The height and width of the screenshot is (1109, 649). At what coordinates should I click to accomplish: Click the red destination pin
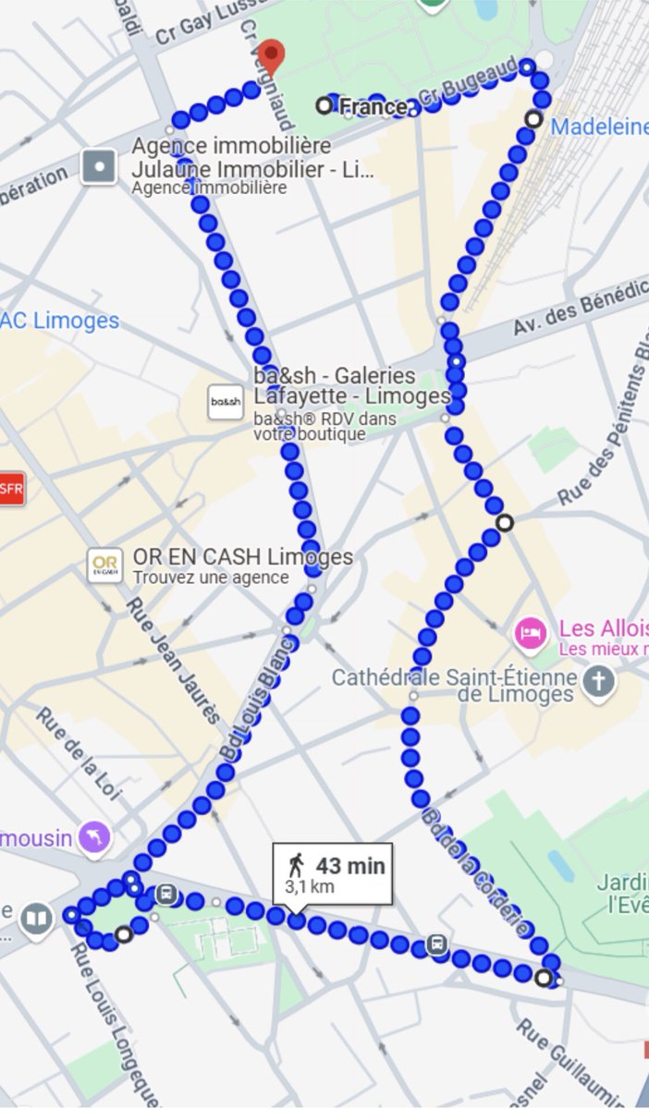270,55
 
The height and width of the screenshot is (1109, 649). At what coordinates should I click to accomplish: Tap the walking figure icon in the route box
296,866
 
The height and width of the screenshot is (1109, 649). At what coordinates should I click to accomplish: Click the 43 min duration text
350,866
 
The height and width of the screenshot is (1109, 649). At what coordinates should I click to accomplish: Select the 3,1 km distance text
309,887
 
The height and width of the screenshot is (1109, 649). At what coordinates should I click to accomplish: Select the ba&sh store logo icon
225,402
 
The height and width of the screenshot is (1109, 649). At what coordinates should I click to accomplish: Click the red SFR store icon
10,489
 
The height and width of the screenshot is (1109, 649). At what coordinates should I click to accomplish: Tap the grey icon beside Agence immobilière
99,167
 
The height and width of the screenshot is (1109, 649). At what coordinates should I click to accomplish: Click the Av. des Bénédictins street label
581,310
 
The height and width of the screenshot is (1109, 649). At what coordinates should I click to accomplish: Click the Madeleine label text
599,127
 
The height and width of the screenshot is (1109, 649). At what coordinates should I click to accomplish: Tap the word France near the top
372,107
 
